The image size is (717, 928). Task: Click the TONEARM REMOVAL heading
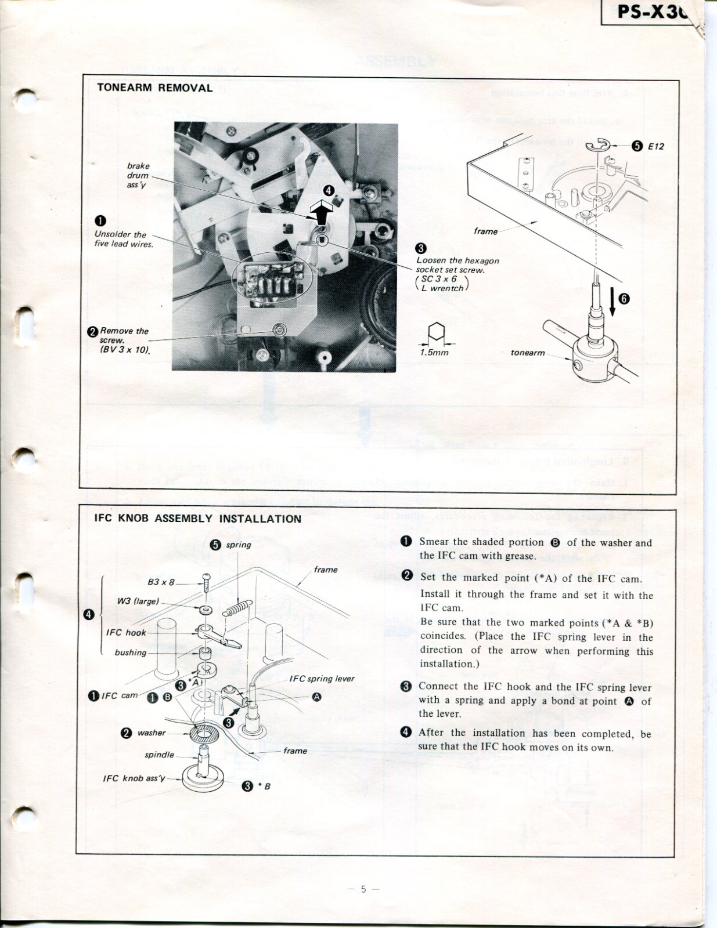154,88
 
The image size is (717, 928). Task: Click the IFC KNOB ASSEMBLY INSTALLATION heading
197,519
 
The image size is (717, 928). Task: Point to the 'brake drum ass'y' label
138,175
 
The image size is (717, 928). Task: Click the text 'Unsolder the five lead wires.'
124,239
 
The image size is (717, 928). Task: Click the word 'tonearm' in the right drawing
528,352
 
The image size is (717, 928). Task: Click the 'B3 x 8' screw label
161,581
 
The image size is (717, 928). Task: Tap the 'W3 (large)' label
138,601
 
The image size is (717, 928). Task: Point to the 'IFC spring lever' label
322,679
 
